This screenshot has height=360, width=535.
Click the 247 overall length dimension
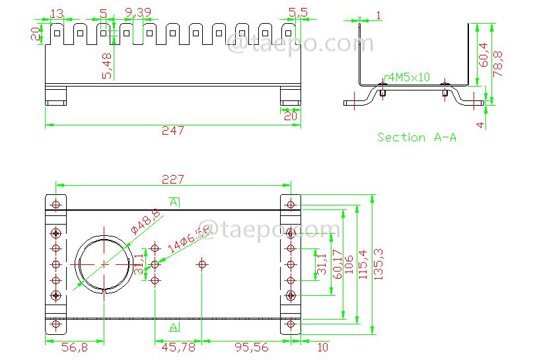(x=173, y=131)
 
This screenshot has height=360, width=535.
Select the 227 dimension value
(x=173, y=179)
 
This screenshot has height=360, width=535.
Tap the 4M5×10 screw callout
(x=408, y=77)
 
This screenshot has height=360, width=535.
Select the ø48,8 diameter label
(x=145, y=221)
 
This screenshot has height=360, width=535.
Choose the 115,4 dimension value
(x=362, y=264)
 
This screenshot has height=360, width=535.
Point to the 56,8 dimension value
(x=74, y=347)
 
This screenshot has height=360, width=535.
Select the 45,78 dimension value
(x=179, y=347)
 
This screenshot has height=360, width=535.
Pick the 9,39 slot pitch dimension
(x=137, y=13)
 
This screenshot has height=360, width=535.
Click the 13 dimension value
(x=57, y=13)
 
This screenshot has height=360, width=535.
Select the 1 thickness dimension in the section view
(x=378, y=15)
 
